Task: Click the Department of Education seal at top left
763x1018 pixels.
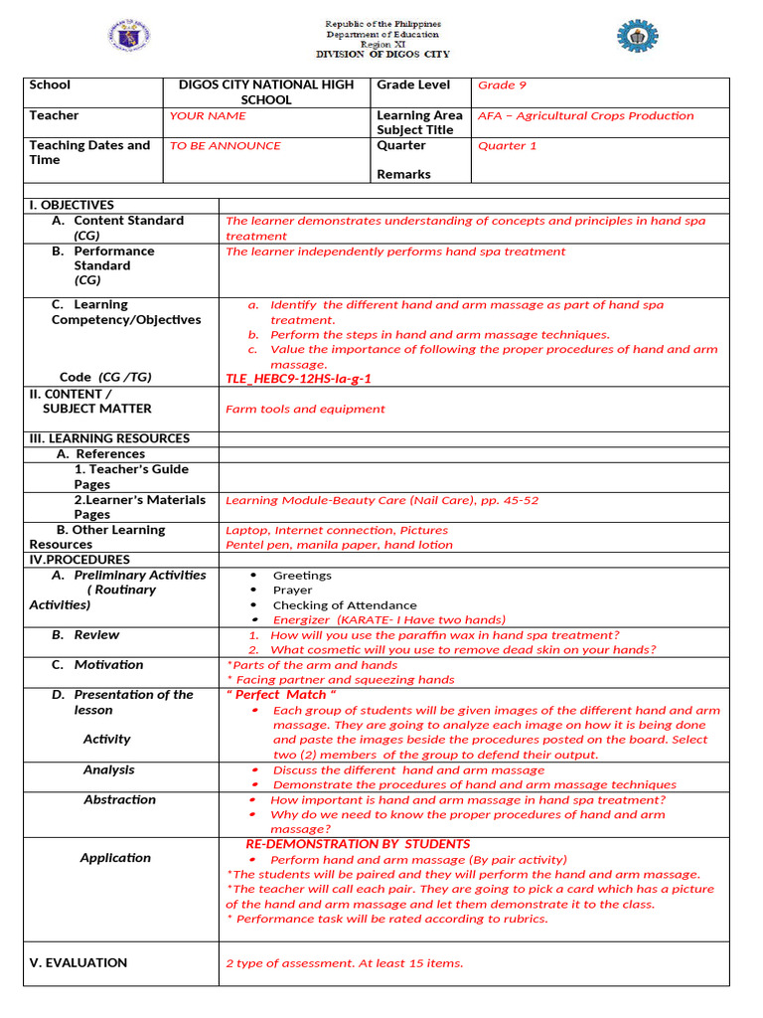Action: (129, 37)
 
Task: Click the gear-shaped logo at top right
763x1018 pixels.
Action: (637, 36)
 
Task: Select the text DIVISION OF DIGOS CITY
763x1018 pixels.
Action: (382, 55)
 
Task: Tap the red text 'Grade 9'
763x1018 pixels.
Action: (496, 85)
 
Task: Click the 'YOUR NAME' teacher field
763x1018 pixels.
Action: (208, 115)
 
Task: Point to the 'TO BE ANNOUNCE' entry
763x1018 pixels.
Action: (226, 145)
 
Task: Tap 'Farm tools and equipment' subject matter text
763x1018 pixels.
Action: (305, 409)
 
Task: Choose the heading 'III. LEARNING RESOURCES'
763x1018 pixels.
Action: (109, 438)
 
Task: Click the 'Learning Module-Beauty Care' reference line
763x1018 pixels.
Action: (382, 500)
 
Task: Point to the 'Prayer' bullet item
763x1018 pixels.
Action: (292, 590)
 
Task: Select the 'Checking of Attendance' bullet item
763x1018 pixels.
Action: (345, 604)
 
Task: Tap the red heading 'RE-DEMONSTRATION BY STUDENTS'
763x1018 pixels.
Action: (358, 844)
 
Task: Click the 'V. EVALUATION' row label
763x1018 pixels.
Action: (78, 962)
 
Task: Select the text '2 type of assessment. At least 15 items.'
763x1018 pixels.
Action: (344, 962)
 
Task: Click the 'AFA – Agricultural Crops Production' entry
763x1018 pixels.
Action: (586, 115)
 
